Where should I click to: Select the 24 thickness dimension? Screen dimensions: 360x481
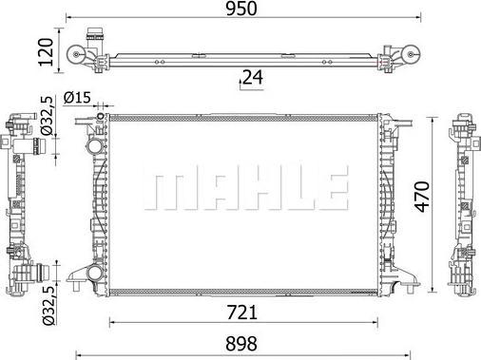[251, 79]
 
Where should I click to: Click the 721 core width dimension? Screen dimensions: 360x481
[240, 309]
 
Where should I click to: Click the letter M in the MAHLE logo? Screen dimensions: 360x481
[163, 190]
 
